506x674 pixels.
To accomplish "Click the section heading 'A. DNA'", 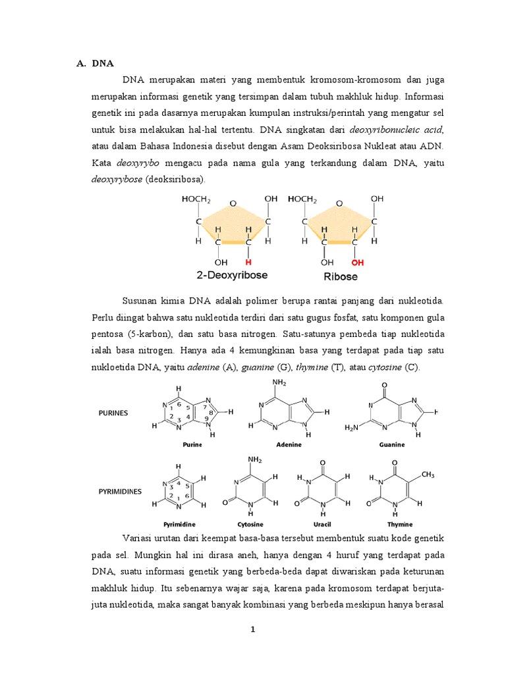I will tap(96, 64).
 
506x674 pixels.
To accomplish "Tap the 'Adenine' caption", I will tap(288, 444).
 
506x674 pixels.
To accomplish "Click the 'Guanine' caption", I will tap(391, 444).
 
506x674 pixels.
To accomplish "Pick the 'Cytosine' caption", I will tap(250, 524).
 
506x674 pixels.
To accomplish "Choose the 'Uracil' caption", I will tap(322, 524).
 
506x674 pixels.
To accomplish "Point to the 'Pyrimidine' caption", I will tap(179, 524).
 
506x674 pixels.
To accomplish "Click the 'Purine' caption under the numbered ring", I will tap(192, 444).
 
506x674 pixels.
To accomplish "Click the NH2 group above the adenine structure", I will tap(280, 382).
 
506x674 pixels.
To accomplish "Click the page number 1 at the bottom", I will tap(252, 629).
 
